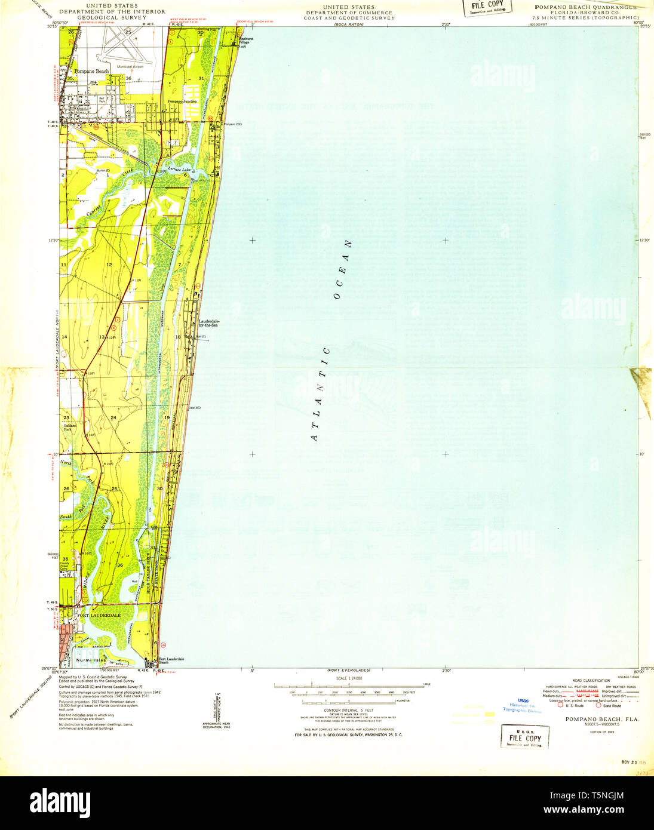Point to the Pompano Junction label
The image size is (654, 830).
(x=182, y=102)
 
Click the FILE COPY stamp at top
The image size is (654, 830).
(x=487, y=6)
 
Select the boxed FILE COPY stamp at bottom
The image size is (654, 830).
(x=524, y=737)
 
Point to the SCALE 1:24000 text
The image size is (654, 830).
(x=349, y=678)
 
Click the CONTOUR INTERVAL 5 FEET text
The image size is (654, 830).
(x=349, y=711)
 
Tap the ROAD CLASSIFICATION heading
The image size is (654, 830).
(x=591, y=681)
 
